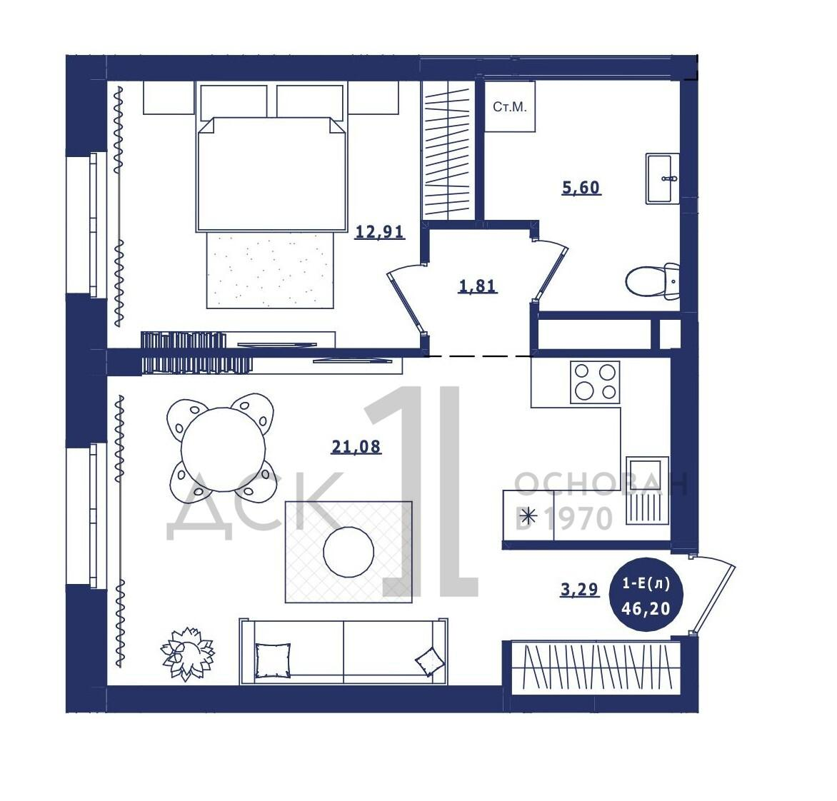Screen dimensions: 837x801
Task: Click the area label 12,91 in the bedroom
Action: point(379,231)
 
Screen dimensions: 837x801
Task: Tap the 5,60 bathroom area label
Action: point(581,187)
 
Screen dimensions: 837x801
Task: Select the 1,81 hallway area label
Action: point(478,286)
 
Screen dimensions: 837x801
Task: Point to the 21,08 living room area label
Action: point(356,446)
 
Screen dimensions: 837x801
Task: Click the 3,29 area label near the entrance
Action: point(580,589)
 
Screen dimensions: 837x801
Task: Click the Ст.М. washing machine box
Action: point(509,106)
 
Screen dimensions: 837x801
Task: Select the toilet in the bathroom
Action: point(652,281)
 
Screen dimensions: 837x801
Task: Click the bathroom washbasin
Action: point(663,178)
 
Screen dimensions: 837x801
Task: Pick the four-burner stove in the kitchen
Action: point(595,381)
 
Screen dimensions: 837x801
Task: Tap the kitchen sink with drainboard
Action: point(647,490)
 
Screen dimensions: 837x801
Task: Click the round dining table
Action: point(223,449)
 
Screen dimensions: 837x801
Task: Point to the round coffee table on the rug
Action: point(349,552)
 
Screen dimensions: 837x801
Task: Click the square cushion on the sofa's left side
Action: point(273,660)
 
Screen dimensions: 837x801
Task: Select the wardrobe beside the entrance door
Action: point(596,667)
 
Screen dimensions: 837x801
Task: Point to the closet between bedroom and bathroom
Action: point(448,150)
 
